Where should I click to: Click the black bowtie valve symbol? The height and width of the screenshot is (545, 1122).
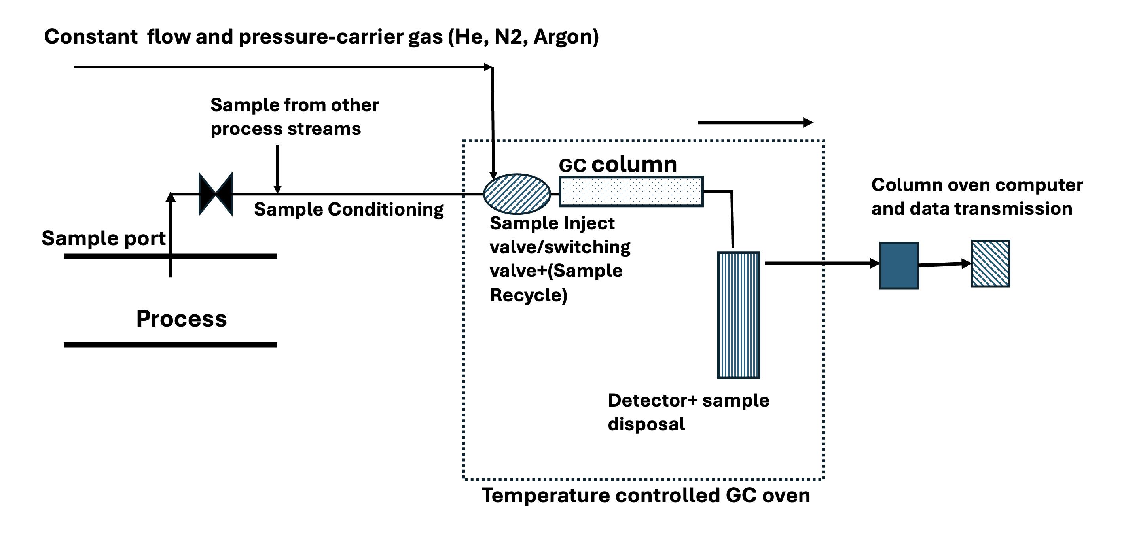(215, 194)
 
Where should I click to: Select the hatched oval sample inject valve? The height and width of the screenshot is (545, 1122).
(517, 194)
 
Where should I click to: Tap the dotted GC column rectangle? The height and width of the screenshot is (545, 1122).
(631, 191)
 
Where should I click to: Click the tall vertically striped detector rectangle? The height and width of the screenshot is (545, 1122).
(738, 315)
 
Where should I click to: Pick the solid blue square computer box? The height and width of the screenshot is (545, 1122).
(899, 265)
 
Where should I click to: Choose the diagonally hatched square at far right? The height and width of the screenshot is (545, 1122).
(991, 264)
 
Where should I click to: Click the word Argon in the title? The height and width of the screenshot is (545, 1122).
(565, 36)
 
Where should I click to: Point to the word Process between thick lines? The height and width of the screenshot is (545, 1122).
(181, 319)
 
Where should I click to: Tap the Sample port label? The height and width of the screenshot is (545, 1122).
(104, 238)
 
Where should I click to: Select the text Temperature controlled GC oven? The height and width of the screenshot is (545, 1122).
(646, 496)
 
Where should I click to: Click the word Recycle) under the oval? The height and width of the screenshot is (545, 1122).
(528, 295)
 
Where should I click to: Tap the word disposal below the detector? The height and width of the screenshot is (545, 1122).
(646, 424)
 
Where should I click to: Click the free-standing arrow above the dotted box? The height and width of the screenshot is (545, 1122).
(755, 123)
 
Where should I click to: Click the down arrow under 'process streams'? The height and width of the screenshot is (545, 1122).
(277, 170)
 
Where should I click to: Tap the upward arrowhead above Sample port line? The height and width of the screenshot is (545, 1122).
(171, 198)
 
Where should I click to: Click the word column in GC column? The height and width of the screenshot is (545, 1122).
(634, 165)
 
